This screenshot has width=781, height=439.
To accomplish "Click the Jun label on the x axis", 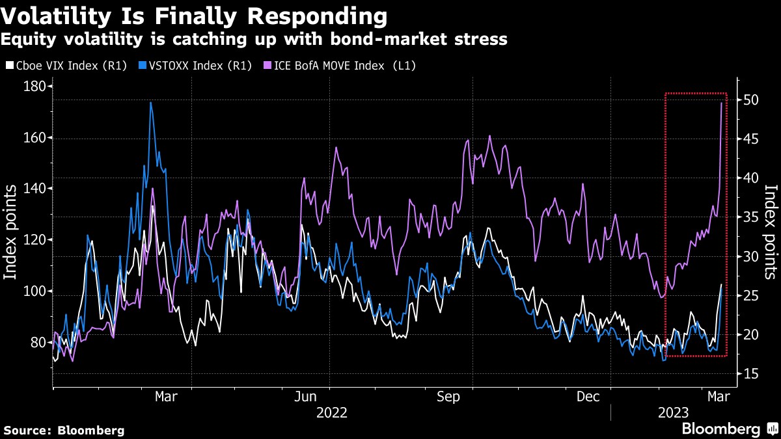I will (305, 397).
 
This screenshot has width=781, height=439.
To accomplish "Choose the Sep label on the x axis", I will (448, 397).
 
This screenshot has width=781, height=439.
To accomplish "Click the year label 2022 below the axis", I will (332, 413).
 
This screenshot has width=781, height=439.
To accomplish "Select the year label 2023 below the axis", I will (675, 413).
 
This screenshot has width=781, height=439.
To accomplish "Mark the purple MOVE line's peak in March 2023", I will (721, 103).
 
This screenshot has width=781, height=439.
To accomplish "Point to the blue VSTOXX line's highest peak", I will (150, 103).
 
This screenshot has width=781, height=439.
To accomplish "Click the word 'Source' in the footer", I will (27, 431).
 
